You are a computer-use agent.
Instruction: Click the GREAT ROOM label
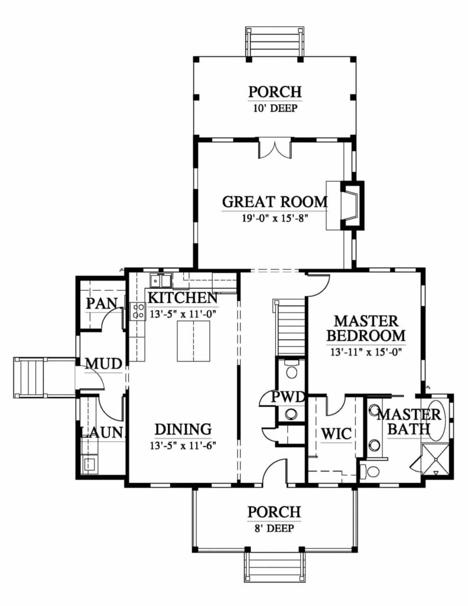click(275, 202)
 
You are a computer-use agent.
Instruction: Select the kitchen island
click(194, 341)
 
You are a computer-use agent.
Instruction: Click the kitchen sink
click(161, 280)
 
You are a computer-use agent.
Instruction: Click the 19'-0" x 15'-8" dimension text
click(275, 218)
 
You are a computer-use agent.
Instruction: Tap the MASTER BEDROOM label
click(366, 328)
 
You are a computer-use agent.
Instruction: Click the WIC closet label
click(336, 434)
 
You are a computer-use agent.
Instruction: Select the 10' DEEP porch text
click(275, 108)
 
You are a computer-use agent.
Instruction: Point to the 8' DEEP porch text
click(275, 528)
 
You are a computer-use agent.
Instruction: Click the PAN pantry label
click(102, 304)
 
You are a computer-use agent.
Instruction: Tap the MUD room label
click(103, 364)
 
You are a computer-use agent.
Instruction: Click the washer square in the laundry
click(90, 464)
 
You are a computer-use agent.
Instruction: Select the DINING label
click(183, 430)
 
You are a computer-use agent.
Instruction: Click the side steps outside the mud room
click(30, 378)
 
